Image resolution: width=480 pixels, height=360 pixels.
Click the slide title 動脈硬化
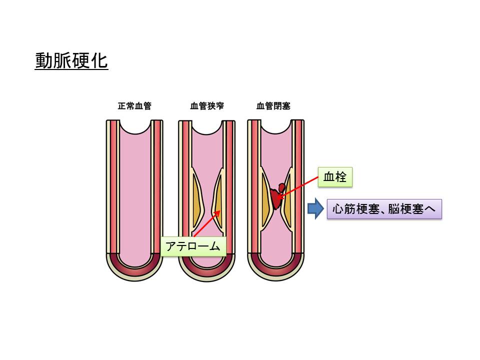point(71,61)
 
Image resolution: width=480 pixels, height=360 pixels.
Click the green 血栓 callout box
point(335,177)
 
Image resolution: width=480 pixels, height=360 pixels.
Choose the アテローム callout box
point(193,246)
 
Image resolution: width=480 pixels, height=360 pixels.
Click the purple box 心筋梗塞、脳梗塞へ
point(384,209)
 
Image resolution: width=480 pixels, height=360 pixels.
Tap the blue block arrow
point(314,209)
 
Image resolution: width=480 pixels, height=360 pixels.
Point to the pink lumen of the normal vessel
point(135,190)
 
